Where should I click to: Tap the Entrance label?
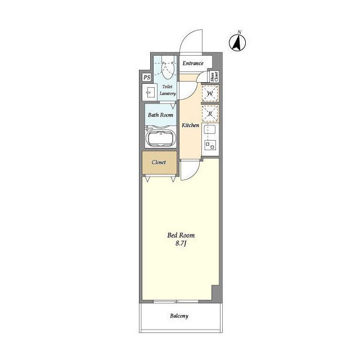click(x=193, y=63)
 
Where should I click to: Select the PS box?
click(x=147, y=77)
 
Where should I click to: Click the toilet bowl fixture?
click(x=168, y=68)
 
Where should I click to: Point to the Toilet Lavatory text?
click(x=168, y=90)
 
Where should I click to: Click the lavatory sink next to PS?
click(x=150, y=92)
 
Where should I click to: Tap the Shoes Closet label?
click(x=214, y=76)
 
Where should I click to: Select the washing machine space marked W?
click(x=210, y=93)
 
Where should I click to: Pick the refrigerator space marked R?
click(x=210, y=114)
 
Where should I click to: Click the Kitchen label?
click(x=190, y=125)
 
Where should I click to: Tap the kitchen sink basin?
click(x=209, y=129)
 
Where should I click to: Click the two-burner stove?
click(x=210, y=145)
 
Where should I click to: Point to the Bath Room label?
click(x=160, y=115)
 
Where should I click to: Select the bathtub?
click(x=161, y=138)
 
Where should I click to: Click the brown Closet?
click(x=159, y=163)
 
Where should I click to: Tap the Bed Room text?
click(x=181, y=235)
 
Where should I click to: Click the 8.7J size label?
click(x=181, y=243)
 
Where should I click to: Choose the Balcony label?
click(x=179, y=316)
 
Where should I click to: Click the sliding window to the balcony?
click(x=176, y=301)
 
